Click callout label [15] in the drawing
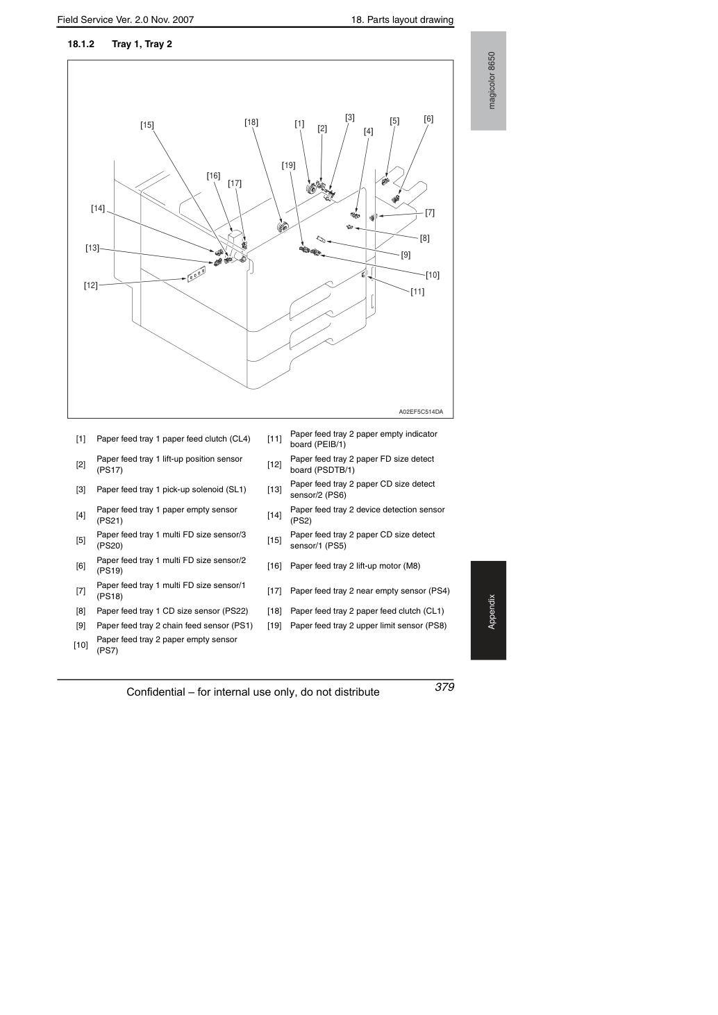tap(147, 125)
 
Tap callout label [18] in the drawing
tap(251, 122)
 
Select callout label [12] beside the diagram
tap(91, 285)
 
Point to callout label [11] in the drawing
tap(417, 292)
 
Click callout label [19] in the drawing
tap(288, 165)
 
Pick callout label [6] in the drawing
tap(428, 119)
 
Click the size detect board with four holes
tap(197, 274)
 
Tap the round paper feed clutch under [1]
tap(311, 187)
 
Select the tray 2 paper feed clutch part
tap(283, 226)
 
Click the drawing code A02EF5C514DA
tap(421, 412)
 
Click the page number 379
tap(444, 687)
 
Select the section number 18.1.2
tap(81, 44)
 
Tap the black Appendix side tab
tap(488, 610)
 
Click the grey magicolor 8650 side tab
tap(488, 81)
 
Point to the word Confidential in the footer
tap(156, 692)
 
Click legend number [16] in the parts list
tap(274, 566)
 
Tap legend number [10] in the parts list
tap(81, 645)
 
